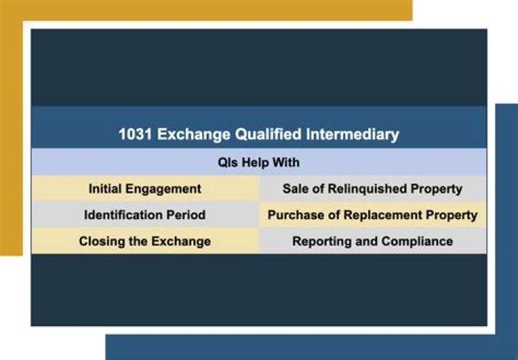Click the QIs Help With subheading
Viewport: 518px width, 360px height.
[258, 162]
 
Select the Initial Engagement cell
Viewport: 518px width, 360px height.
[145, 189]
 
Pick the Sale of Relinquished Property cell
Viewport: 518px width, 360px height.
[372, 189]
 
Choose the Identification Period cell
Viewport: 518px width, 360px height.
[145, 215]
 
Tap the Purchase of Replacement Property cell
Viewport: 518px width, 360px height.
[372, 215]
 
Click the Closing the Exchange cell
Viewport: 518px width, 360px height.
[145, 241]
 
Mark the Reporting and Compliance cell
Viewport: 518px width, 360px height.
[372, 241]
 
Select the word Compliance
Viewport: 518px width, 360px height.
[417, 241]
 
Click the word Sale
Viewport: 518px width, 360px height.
[295, 189]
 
